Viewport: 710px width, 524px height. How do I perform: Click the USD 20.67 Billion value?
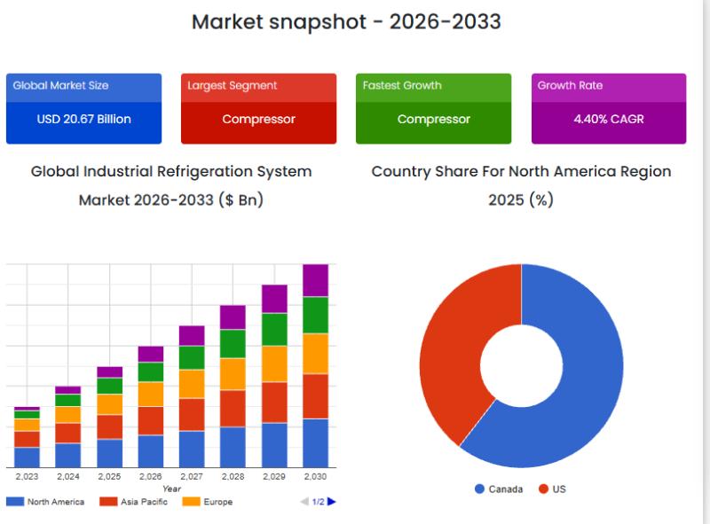pyautogui.click(x=83, y=120)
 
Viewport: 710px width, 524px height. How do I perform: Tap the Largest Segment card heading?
pyautogui.click(x=232, y=86)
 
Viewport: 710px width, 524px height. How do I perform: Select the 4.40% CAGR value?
pyautogui.click(x=608, y=120)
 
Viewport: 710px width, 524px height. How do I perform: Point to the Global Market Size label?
pyautogui.click(x=60, y=86)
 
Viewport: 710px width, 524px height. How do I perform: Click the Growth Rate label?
pyautogui.click(x=570, y=86)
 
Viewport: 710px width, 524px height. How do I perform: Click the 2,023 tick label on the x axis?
pyautogui.click(x=27, y=477)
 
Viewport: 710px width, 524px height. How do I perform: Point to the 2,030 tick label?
pyautogui.click(x=315, y=477)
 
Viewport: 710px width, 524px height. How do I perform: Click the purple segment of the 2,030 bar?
pyautogui.click(x=315, y=280)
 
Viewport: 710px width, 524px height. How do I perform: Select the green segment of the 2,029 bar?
pyautogui.click(x=274, y=329)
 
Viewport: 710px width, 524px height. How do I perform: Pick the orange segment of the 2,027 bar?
pyautogui.click(x=192, y=384)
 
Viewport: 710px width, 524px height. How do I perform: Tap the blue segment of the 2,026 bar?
pyautogui.click(x=151, y=450)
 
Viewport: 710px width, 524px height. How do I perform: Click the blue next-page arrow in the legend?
pyautogui.click(x=332, y=502)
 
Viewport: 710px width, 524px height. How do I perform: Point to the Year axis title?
pyautogui.click(x=171, y=489)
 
